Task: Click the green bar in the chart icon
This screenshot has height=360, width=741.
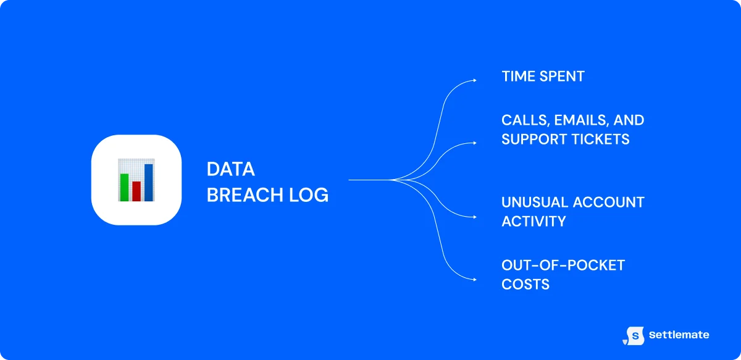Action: [x=124, y=187]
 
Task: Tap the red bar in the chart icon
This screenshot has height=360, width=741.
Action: [x=136, y=191]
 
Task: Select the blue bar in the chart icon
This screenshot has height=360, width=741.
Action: [x=149, y=182]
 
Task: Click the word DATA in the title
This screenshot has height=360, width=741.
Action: [x=230, y=169]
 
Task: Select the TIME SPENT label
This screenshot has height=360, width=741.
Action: [x=543, y=77]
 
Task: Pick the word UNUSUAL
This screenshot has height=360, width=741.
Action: [x=533, y=202]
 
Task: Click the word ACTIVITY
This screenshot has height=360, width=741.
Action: [x=534, y=221]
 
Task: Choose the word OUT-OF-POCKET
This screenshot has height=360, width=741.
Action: [x=563, y=266]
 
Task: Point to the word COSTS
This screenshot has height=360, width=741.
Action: [x=525, y=285]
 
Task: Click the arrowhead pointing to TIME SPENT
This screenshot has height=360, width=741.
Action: [x=474, y=80]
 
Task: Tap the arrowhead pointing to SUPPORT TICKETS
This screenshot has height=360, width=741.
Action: [x=474, y=143]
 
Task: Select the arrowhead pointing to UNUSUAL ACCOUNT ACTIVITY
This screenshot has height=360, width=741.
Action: [x=474, y=217]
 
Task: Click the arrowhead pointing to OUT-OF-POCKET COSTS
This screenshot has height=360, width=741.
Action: [x=474, y=280]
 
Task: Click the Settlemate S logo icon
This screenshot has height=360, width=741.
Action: [x=634, y=335]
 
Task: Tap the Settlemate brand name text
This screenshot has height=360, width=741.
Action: [x=679, y=335]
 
